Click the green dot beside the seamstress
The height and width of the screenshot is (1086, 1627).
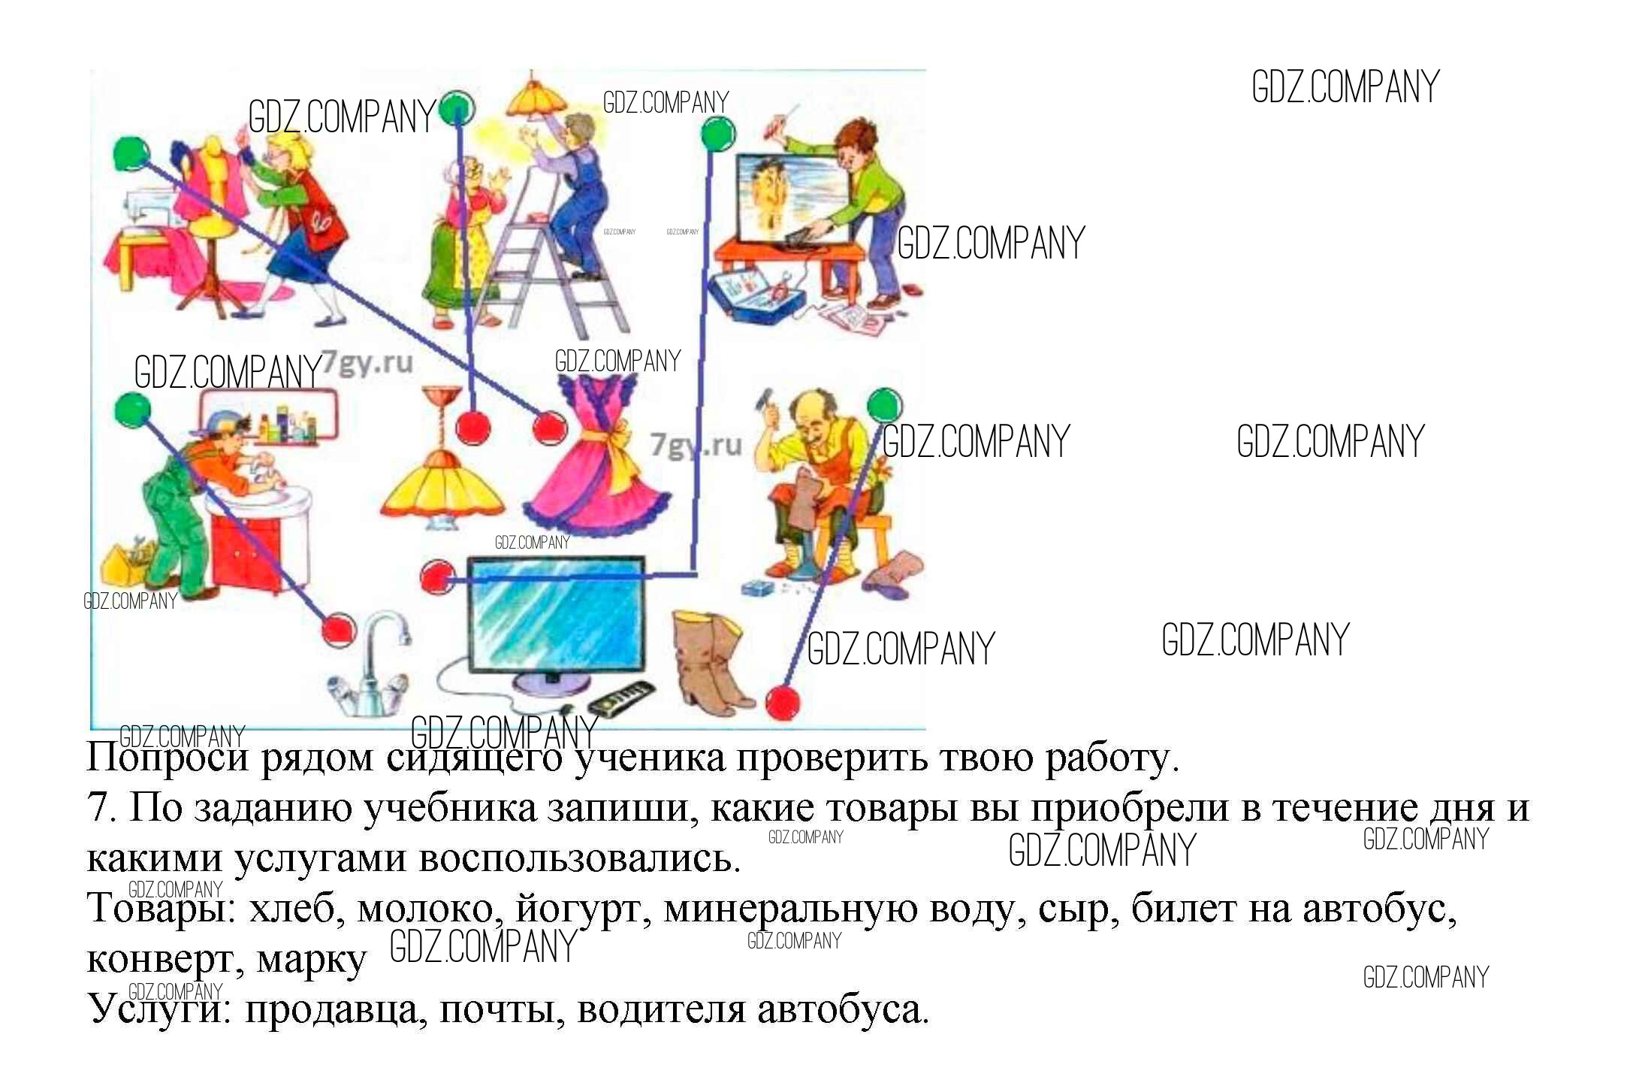click(131, 154)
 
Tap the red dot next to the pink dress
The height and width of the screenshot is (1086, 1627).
click(550, 428)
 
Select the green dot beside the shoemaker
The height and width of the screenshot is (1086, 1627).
click(884, 406)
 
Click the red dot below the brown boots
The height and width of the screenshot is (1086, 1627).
click(782, 703)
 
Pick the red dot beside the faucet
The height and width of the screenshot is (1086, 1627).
click(339, 629)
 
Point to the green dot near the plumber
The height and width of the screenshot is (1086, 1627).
click(133, 410)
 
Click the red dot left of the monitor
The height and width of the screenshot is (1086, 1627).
click(437, 577)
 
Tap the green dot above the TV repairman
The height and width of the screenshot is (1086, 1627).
click(717, 135)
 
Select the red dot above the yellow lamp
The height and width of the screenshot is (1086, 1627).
click(472, 428)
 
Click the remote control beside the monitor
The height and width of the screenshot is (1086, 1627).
click(620, 698)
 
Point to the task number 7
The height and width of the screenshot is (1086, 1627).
click(98, 809)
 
